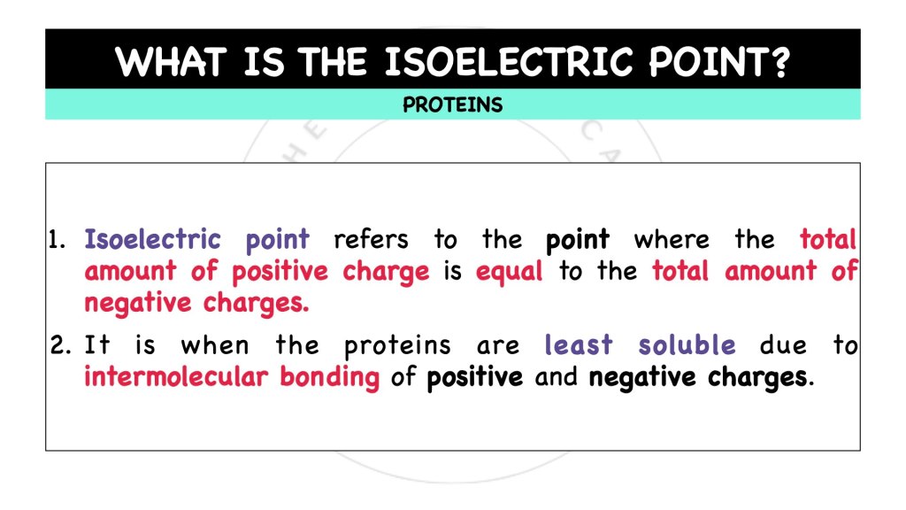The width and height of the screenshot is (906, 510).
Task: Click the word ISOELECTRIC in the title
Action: point(509,63)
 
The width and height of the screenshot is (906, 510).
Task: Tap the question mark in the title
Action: point(779,63)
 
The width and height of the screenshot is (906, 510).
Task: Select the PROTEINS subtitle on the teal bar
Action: point(452,105)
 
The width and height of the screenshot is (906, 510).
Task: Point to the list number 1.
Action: point(58,240)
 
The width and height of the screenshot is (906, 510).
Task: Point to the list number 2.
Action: point(60,345)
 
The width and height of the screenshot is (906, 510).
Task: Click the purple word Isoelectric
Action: point(152,240)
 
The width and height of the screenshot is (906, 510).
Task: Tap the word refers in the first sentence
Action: point(371,240)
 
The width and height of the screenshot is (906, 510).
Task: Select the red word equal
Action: point(509,272)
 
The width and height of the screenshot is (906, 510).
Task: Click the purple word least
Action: point(580,345)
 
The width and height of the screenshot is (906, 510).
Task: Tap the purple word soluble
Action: point(687,345)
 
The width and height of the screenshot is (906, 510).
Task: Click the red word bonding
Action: point(329,377)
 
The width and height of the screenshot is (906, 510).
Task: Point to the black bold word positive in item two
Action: point(475,378)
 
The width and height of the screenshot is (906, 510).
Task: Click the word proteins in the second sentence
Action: point(397,346)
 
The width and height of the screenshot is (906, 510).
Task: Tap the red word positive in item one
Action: point(280,272)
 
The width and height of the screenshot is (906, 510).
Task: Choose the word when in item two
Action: point(215,345)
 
